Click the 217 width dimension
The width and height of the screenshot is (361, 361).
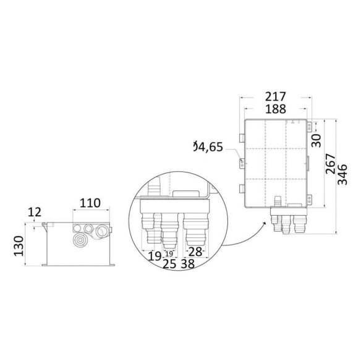coord(275,96)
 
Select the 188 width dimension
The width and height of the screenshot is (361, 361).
coord(276,109)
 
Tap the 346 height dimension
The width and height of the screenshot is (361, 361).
coord(342,174)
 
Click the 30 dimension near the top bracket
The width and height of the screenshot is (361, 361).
coord(316,140)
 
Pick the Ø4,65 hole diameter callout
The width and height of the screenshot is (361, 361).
coord(208,147)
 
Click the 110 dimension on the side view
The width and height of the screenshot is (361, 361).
coord(90,203)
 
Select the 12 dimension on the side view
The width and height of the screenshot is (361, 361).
coord(35,212)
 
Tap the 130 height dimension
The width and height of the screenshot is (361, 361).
coord(19,246)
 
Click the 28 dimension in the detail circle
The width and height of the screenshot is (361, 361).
coord(195,252)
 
